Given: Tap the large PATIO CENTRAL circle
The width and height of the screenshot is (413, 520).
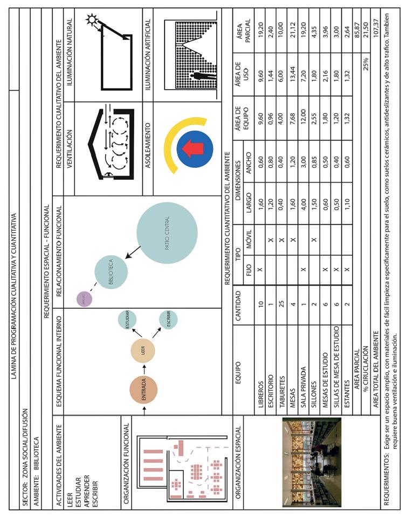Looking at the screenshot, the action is point(167,233).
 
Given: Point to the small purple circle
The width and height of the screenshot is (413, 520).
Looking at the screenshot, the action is point(85,298).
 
